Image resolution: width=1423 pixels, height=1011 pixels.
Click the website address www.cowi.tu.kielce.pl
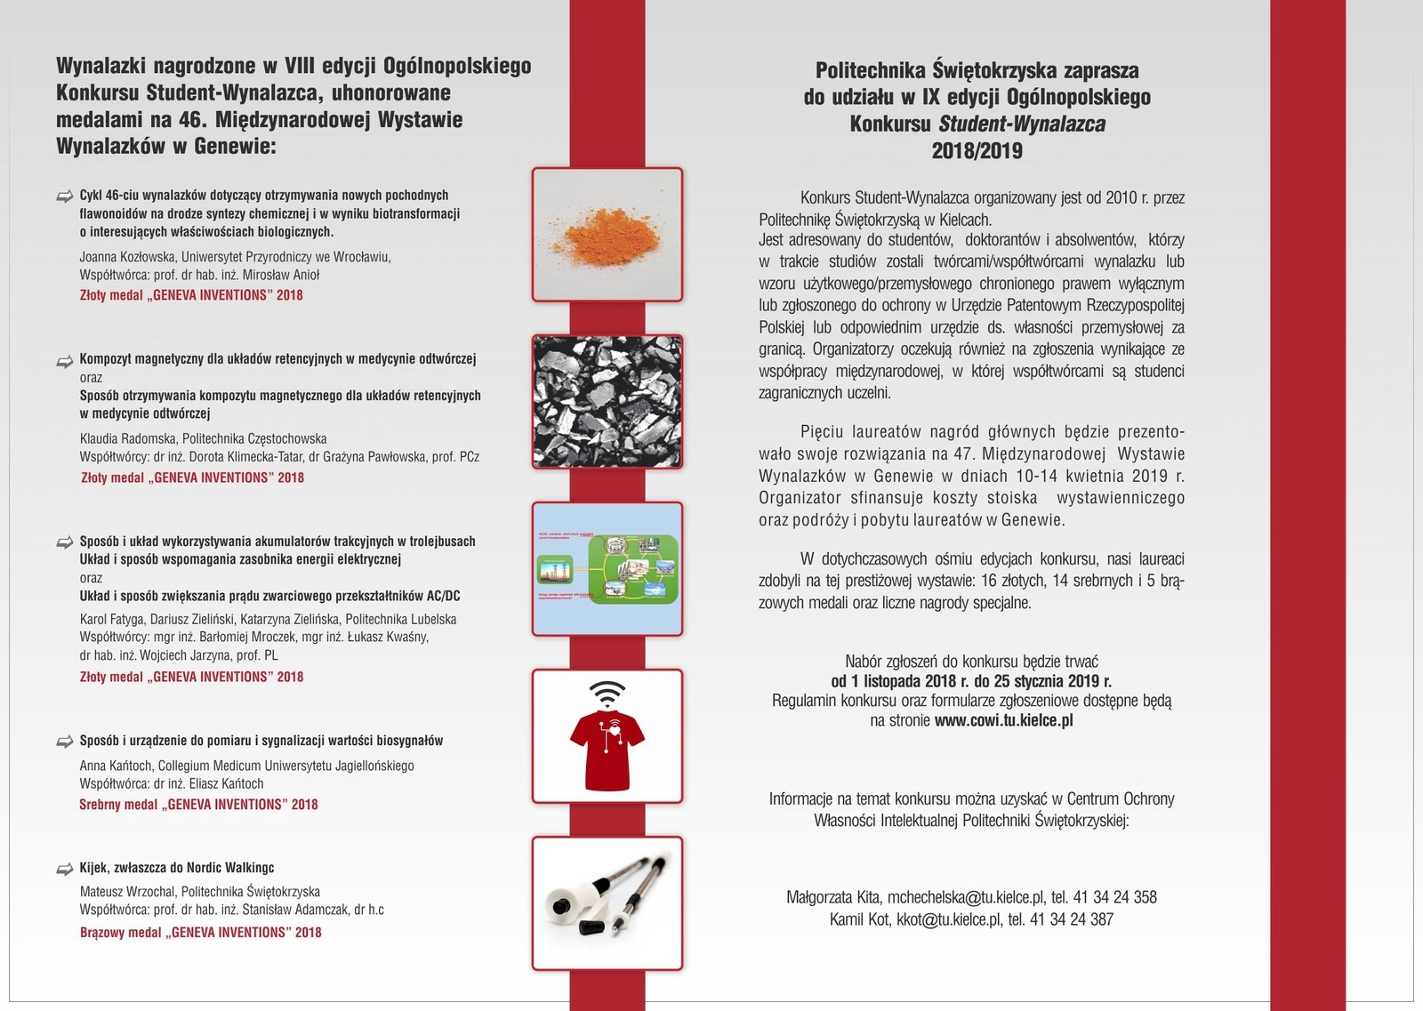tap(1003, 720)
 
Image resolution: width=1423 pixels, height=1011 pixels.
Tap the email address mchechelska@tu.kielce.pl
tap(966, 897)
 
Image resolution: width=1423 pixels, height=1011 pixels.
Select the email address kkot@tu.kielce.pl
tap(948, 919)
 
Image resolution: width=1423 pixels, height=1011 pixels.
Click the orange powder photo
tap(607, 235)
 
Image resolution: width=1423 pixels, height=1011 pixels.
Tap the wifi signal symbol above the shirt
tap(607, 692)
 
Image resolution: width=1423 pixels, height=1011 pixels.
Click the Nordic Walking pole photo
tap(607, 903)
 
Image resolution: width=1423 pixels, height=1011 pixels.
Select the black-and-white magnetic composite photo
tap(607, 402)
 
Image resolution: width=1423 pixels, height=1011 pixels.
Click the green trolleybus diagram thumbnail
tap(607, 569)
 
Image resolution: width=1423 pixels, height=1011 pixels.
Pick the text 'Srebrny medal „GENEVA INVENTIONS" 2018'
tap(198, 805)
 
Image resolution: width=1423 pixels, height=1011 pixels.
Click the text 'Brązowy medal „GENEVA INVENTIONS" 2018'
tap(201, 933)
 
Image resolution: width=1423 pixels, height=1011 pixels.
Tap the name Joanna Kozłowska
tap(127, 257)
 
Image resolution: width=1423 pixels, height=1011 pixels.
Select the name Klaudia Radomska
tap(128, 438)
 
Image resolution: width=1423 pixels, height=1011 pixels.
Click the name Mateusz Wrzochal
tap(126, 892)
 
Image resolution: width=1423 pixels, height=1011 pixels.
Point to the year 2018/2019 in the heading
tap(977, 151)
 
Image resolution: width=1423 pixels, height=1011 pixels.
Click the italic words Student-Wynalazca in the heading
tap(1022, 124)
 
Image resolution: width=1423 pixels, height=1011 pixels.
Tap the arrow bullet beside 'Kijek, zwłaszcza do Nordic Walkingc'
tap(65, 869)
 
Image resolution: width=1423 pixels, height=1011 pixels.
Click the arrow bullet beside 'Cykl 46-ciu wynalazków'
tap(65, 196)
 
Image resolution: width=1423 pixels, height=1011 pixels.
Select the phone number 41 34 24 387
tap(1072, 919)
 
